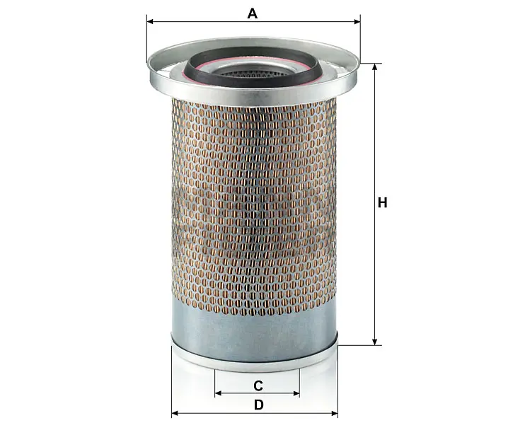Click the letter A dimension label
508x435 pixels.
pos(253,13)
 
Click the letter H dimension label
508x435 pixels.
pos(383,203)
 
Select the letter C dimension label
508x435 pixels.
pos(258,385)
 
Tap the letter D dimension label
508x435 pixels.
pos(258,405)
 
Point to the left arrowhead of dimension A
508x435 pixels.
pos(150,22)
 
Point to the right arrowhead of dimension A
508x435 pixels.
pos(357,22)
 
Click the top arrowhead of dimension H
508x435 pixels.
pos(375,66)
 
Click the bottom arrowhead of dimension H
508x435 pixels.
pos(375,342)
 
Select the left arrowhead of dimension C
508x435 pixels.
pos(218,393)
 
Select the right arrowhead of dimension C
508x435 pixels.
pos(296,393)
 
